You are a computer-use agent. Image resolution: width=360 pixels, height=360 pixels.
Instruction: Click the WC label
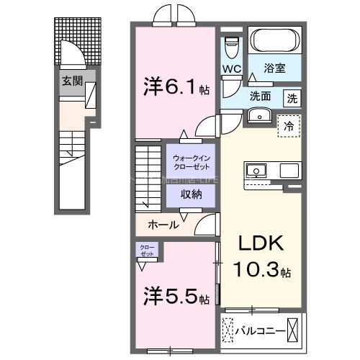click(232, 69)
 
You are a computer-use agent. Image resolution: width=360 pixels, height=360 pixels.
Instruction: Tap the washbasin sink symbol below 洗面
click(257, 115)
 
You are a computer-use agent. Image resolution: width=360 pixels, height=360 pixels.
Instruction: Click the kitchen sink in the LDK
click(256, 171)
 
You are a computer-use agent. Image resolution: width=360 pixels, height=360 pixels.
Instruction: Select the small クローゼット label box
click(147, 251)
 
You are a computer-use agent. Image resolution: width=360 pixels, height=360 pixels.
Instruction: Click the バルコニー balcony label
click(260, 332)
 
